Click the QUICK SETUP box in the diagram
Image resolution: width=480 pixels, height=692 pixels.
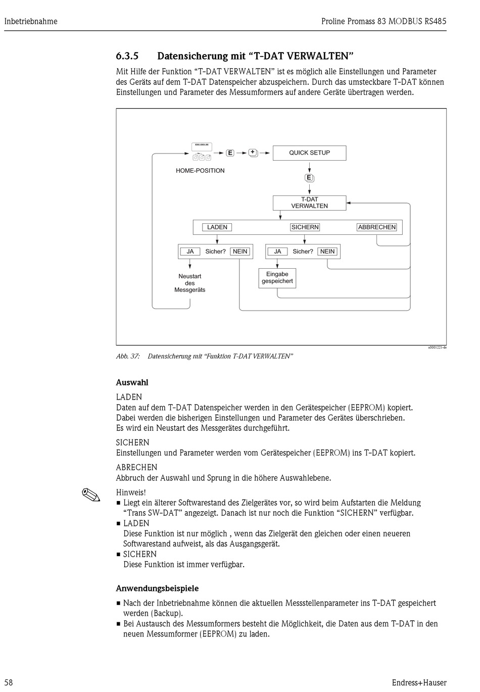(309, 153)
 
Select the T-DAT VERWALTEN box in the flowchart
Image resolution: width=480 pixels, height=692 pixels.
(309, 203)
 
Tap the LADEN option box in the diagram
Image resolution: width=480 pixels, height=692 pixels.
(217, 227)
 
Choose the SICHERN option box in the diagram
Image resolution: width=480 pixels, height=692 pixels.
(305, 227)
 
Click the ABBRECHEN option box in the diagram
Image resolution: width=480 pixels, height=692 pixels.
(377, 227)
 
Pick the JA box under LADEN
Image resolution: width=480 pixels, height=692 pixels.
(190, 252)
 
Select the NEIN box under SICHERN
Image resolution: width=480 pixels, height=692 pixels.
(327, 252)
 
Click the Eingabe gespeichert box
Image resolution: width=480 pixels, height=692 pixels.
(277, 278)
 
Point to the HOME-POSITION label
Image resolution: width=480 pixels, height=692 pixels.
(200, 171)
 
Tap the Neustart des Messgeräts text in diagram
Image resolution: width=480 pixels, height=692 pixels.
(190, 283)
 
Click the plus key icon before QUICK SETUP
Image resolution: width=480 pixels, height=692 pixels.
(253, 153)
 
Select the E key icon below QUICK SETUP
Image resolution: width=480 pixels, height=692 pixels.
(309, 178)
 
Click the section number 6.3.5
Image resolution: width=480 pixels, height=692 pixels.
(127, 56)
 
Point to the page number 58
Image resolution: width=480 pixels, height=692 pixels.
(9, 682)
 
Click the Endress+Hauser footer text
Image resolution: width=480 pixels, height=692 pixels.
(419, 682)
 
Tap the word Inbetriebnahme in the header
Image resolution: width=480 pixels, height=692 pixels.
(31, 21)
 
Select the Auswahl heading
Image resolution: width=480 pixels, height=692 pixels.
(132, 382)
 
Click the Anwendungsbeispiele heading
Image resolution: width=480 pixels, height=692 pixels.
(157, 588)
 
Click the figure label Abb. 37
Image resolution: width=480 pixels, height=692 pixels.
(128, 357)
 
